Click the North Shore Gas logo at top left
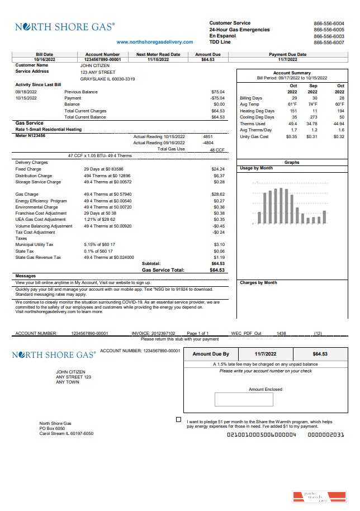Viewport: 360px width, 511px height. (x=65, y=26)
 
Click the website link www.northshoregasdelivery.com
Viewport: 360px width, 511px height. (x=155, y=42)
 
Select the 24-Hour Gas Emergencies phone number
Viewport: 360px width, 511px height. (x=329, y=30)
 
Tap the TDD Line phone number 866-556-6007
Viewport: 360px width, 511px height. (x=329, y=42)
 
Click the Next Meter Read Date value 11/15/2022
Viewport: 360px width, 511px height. (x=158, y=59)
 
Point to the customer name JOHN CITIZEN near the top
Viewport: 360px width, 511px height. (x=95, y=65)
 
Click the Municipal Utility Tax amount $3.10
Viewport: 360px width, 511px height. (x=219, y=245)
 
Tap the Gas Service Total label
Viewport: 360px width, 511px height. (x=163, y=270)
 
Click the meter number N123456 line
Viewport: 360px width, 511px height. (x=31, y=136)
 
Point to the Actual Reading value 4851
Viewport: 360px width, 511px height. (x=207, y=136)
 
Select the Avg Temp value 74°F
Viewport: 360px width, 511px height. (x=312, y=104)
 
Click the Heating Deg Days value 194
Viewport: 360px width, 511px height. (x=339, y=111)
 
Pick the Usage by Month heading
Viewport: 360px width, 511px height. (x=256, y=168)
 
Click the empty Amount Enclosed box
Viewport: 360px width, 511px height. (x=244, y=399)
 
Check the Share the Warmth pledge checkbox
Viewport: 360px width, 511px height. (x=178, y=419)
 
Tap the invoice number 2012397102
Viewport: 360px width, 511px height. (x=164, y=333)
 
